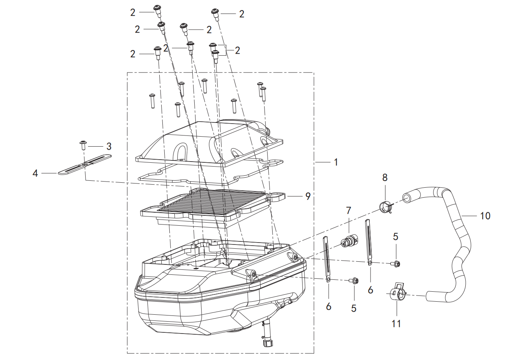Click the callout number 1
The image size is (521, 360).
point(336,162)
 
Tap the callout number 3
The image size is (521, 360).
point(109,146)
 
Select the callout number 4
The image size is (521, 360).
point(35,173)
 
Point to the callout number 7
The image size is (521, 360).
point(348,210)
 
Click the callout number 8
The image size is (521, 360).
point(385,177)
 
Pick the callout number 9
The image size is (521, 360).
point(308,196)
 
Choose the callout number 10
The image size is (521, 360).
point(485,216)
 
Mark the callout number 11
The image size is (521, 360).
point(396,324)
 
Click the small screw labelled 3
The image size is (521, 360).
point(83,145)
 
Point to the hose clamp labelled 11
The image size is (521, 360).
point(397,292)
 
